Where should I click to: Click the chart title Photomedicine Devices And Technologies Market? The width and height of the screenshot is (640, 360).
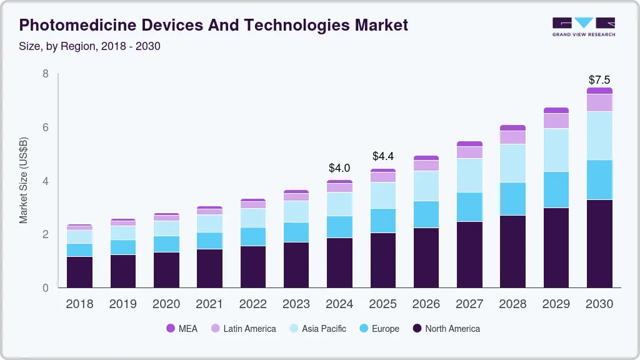coord(213,25)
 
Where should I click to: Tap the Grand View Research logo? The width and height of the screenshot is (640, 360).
coord(583,26)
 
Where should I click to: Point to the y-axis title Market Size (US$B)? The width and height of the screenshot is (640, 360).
coord(24,180)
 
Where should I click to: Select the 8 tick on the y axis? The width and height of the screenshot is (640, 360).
coord(45,74)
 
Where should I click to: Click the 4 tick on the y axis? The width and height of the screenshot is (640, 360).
coord(45,181)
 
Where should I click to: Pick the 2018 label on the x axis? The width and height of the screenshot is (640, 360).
coord(79,304)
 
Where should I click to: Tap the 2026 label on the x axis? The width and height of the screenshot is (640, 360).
coord(426,304)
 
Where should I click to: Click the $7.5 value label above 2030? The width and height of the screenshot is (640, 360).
coord(599,80)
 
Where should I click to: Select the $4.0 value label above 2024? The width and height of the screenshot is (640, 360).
coord(339,168)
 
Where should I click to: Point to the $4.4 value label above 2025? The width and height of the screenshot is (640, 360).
coord(382,156)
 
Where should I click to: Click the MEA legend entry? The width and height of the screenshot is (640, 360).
coord(182,329)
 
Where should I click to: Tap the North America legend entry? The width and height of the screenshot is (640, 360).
coord(446,329)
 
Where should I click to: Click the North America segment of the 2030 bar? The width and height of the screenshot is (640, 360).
coord(599,244)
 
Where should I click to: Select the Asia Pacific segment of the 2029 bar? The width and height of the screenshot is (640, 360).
coord(556,150)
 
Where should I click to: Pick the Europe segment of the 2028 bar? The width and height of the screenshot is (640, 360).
coord(512,199)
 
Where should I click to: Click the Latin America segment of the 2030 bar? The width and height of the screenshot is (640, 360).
coord(599,102)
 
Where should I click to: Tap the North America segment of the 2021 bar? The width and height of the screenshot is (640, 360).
coord(209,268)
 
